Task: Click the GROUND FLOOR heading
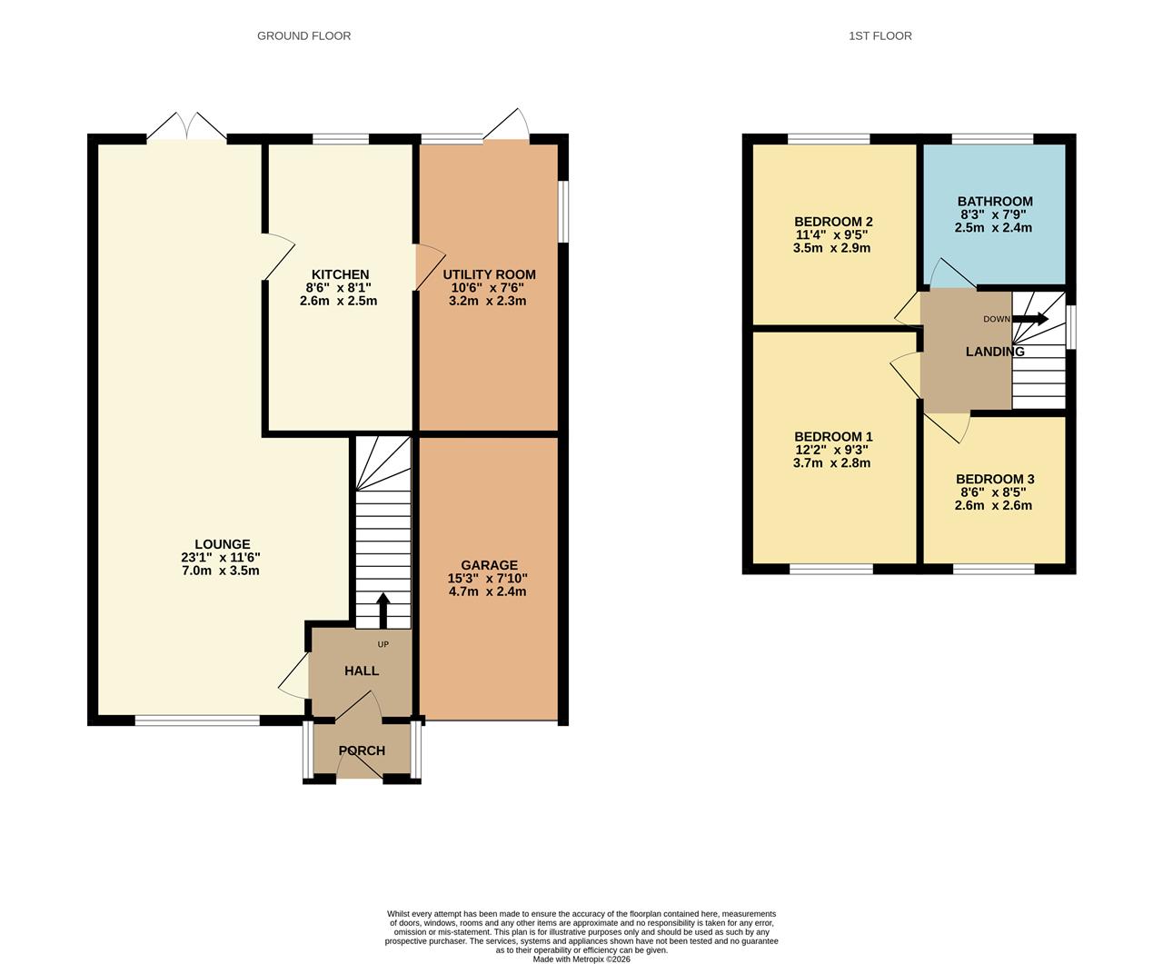[x=303, y=35]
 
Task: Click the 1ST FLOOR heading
[x=880, y=35]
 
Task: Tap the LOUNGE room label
[x=222, y=545]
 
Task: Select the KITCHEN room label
[x=340, y=274]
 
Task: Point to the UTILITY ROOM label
[x=489, y=274]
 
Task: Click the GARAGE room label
[x=488, y=565]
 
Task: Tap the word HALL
[x=362, y=671]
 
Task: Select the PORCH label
[x=362, y=750]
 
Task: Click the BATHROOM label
[x=995, y=202]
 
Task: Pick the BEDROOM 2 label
[x=833, y=222]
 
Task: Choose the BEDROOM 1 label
[x=833, y=437]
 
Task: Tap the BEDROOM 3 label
[x=995, y=480]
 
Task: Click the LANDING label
[x=995, y=352]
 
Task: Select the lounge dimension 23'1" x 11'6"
[x=221, y=558]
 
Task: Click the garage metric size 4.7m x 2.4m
[x=488, y=591]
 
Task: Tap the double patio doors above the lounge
[x=186, y=128]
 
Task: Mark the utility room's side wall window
[x=563, y=212]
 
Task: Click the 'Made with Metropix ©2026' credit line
[x=581, y=959]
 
